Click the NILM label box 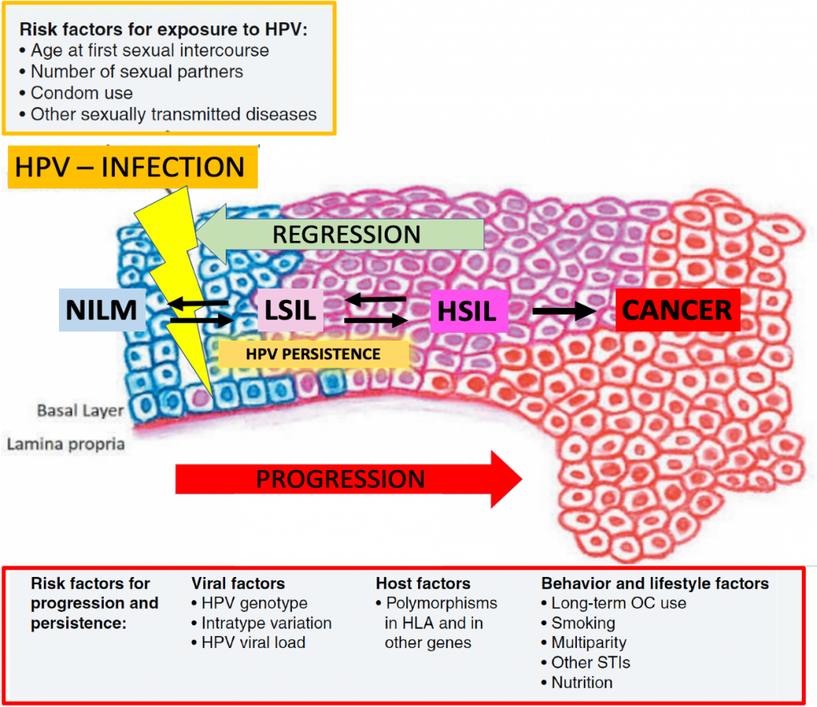102,310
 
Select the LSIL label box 290,310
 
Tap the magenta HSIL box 469,311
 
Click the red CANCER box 677,310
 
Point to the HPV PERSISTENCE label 314,354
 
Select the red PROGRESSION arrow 349,480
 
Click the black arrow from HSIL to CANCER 564,311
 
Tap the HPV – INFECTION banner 132,168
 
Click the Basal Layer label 81,410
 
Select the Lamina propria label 65,444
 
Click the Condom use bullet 76,93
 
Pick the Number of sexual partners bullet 132,71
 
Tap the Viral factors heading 238,583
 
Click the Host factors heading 423,583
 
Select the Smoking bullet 578,622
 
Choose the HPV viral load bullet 249,642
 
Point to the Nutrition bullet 577,682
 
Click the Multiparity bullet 584,642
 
